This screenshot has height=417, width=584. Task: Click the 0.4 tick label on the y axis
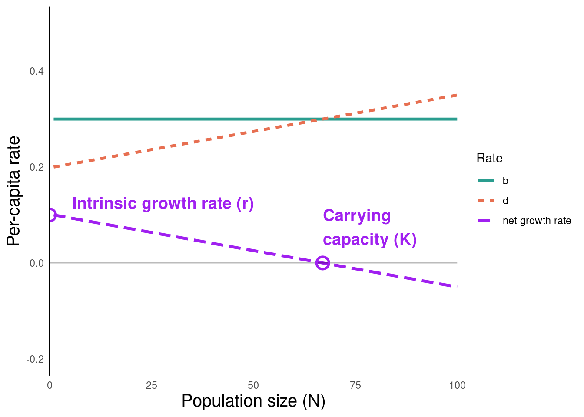click(36, 71)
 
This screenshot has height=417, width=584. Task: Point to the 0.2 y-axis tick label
click(36, 167)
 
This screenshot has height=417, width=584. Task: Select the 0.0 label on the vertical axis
click(36, 263)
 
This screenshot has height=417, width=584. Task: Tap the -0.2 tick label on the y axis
click(35, 359)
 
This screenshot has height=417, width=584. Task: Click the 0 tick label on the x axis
click(50, 385)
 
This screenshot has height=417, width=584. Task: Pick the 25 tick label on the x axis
click(151, 385)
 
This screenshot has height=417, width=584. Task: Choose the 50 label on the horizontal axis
click(253, 385)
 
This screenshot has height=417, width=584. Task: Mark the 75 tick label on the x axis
click(355, 385)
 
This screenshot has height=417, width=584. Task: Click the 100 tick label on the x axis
click(457, 385)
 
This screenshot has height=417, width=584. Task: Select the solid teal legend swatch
click(486, 180)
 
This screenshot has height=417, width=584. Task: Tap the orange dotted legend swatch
click(486, 200)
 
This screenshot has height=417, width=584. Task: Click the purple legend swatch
click(484, 221)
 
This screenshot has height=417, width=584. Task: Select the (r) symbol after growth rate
click(245, 204)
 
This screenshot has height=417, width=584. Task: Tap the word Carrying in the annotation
click(357, 216)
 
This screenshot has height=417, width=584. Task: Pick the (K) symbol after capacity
click(405, 239)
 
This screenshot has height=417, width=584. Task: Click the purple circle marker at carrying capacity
click(322, 263)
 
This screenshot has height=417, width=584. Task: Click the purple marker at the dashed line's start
click(51, 215)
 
